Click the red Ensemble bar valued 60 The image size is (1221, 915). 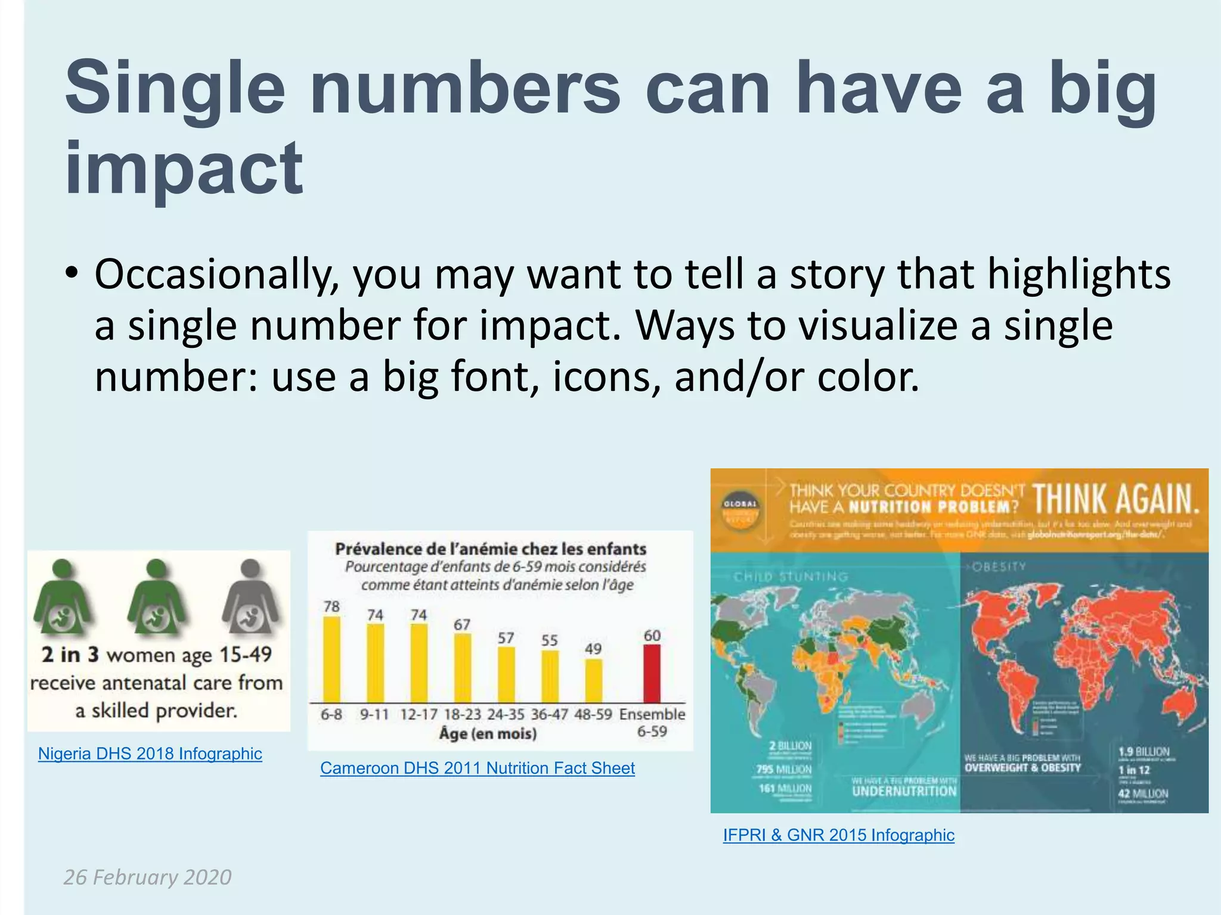(652, 674)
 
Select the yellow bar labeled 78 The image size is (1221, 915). (331, 660)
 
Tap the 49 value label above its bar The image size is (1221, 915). (593, 649)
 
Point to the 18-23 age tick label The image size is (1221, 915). (462, 714)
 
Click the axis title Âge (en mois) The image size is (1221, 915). (488, 733)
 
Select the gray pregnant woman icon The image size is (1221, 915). (250, 597)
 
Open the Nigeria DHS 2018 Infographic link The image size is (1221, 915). (150, 754)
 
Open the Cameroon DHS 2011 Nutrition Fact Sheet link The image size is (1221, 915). (477, 768)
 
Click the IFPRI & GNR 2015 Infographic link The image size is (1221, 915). (838, 835)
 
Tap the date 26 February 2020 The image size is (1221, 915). (147, 877)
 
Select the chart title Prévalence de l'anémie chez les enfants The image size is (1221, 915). (491, 549)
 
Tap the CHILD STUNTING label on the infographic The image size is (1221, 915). (791, 577)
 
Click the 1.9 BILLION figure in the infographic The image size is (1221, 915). (1143, 752)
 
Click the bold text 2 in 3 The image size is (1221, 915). (70, 655)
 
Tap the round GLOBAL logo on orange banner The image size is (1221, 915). (740, 510)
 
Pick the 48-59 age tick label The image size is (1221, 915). (593, 714)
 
